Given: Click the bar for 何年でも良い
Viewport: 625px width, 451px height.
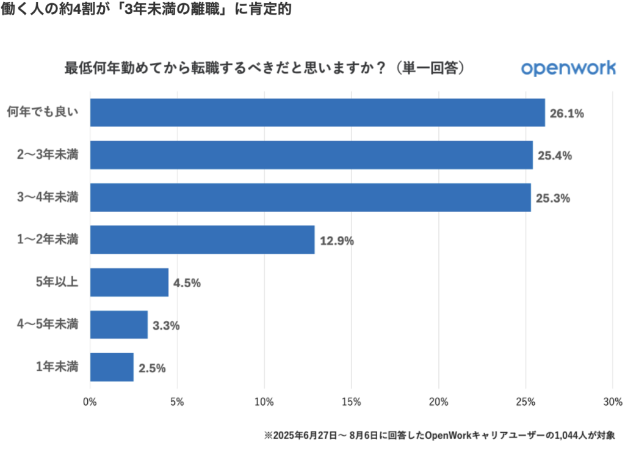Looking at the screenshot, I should click(317, 112).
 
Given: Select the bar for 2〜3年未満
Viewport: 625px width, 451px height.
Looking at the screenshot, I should click(311, 155).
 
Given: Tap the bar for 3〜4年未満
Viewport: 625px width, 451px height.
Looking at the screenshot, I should click(310, 197).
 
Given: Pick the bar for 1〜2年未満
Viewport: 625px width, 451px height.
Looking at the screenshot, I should click(202, 240).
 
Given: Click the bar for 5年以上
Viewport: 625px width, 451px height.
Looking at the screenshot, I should click(129, 282).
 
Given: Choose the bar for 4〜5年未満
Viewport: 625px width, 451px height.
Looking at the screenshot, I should click(118, 324).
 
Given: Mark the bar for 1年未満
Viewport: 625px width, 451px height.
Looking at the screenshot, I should click(112, 367).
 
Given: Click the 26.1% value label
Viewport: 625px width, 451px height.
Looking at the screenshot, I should click(567, 113).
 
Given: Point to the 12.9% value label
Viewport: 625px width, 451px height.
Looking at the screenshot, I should click(336, 241).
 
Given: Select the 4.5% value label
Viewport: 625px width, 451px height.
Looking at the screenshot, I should click(187, 283).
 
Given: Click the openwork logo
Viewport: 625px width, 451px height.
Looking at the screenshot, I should click(568, 68).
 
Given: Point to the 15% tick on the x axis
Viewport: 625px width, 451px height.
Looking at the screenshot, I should click(352, 402).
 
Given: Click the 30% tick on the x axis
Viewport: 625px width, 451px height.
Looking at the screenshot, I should click(612, 402).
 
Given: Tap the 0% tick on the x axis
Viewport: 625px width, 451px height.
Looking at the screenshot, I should click(90, 402).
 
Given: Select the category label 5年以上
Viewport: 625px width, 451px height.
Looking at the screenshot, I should click(57, 282).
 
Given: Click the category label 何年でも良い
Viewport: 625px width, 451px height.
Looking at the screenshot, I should click(42, 112).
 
